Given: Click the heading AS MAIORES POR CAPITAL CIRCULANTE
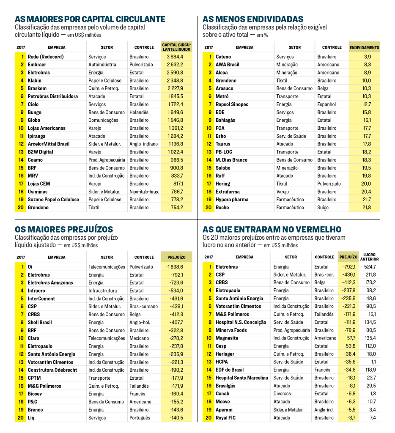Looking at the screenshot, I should click(x=90, y=19).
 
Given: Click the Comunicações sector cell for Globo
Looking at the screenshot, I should click(x=104, y=120).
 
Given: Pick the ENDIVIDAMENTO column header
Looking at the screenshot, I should click(x=364, y=48).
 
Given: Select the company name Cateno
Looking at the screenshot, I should click(x=223, y=57).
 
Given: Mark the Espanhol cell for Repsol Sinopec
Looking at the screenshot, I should click(x=326, y=104).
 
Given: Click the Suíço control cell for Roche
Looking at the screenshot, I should click(x=323, y=208).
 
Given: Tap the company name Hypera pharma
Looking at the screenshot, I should click(x=232, y=200).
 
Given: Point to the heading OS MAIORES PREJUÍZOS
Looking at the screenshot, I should click(x=64, y=229).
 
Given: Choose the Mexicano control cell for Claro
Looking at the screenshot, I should click(x=140, y=338).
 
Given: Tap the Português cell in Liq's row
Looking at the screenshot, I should click(x=140, y=418).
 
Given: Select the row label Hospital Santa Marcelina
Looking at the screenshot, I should click(x=242, y=378).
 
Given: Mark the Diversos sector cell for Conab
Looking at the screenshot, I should click(x=282, y=394).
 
